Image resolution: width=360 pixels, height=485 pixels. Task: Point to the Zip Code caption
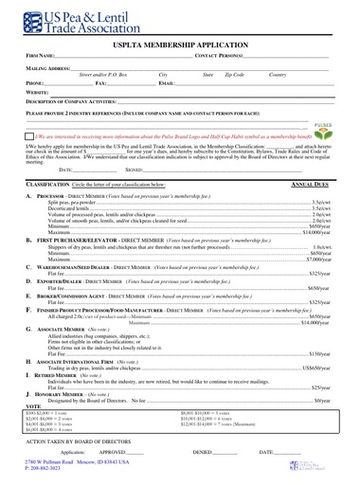[234, 75]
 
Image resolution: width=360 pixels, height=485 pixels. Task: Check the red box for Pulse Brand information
[28, 135]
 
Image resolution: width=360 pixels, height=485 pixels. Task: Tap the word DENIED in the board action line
[200, 454]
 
